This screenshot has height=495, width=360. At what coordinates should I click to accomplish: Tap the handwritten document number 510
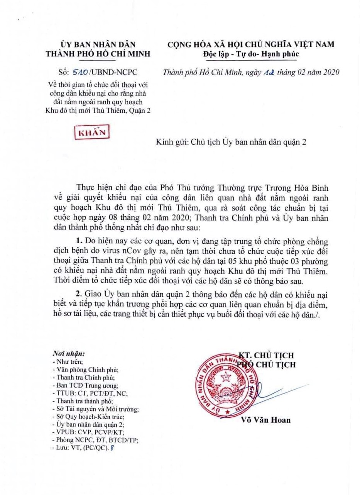[81, 72]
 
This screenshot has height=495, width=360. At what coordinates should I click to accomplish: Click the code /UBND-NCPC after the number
[110, 72]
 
